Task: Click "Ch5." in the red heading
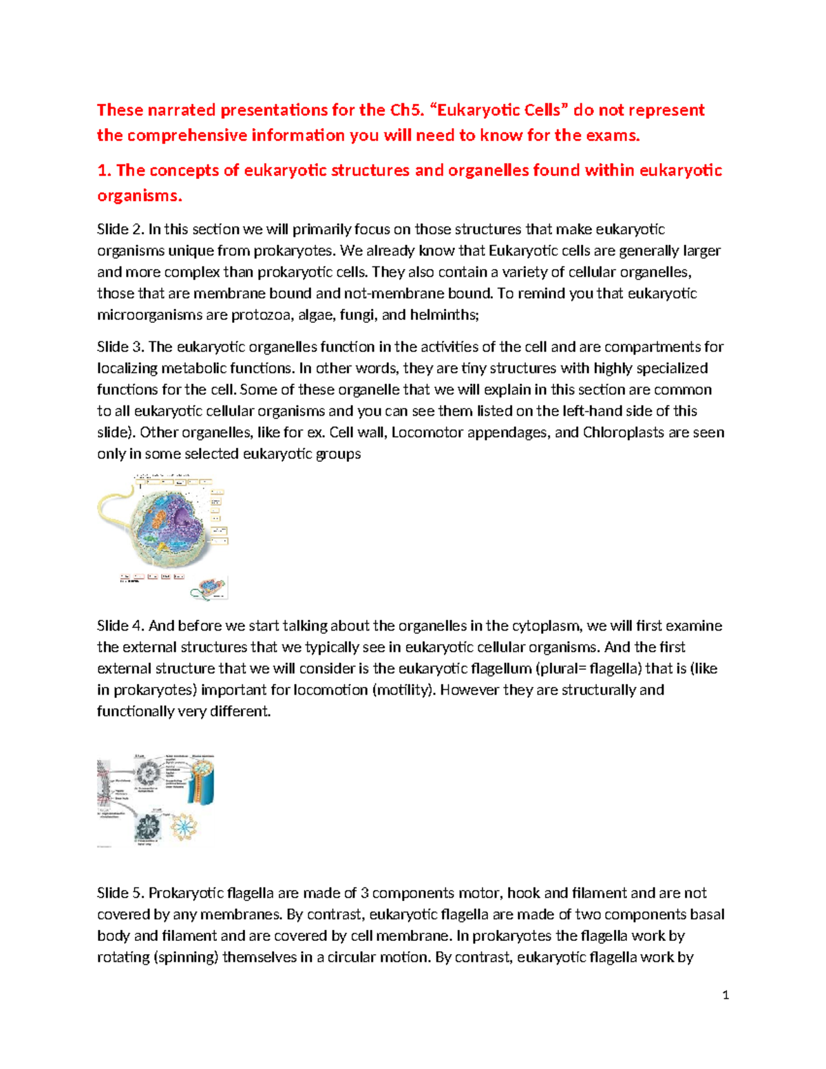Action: pos(407,110)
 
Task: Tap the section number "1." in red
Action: pos(104,171)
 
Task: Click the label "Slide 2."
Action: pos(121,229)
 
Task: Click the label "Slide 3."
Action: pos(121,347)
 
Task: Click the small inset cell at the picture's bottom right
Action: pos(209,587)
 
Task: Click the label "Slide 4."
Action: pos(121,626)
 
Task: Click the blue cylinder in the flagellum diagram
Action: pos(204,784)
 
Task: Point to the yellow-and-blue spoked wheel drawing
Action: pos(184,826)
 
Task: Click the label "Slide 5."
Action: pos(121,893)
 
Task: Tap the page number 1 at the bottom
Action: pos(726,995)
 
